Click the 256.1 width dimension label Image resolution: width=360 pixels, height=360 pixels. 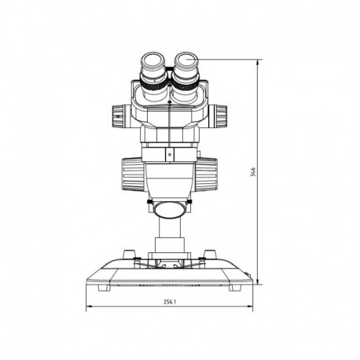point(170,302)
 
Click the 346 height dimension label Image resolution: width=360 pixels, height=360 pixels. point(253,172)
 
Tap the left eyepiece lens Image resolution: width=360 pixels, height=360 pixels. point(153,61)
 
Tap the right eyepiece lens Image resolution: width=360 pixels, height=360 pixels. point(186,61)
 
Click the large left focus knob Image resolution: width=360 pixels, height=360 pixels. point(132,174)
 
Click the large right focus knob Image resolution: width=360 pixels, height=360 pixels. point(207,174)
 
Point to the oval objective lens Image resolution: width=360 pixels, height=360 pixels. point(169,209)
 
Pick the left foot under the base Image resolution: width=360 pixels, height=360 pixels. point(104,288)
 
